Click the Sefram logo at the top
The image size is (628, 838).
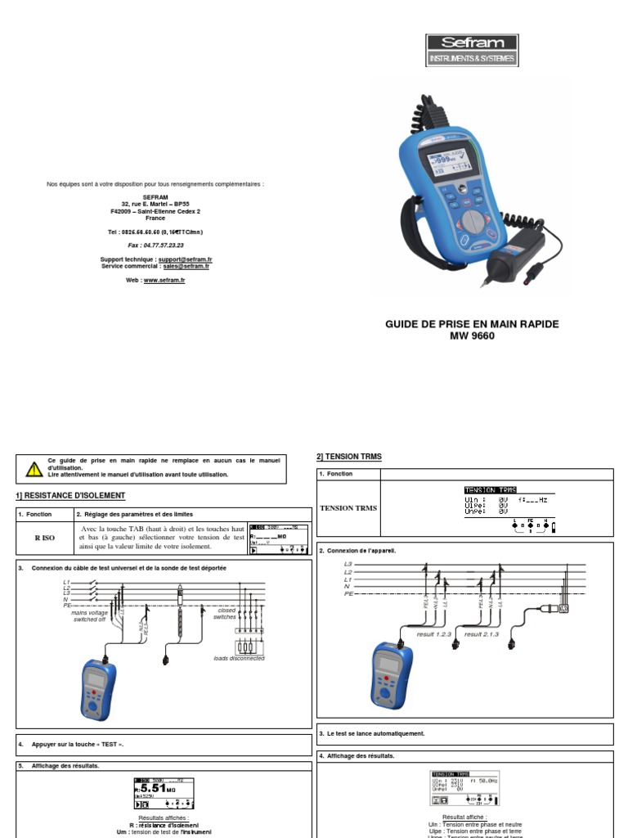tap(473, 50)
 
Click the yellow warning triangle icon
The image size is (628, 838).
tap(34, 469)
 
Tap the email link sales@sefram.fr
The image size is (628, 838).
tap(186, 266)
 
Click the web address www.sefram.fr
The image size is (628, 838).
tap(164, 280)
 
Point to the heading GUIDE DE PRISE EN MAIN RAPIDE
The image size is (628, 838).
tap(472, 324)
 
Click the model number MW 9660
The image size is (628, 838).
tap(472, 336)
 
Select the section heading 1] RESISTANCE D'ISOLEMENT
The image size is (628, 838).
tap(71, 496)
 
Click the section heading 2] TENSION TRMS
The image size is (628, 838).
tap(349, 456)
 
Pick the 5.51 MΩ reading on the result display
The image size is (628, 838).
tap(151, 788)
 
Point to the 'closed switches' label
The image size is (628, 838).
tap(225, 614)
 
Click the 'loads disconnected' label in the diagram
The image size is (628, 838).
tap(239, 658)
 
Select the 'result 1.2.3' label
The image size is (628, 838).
tap(434, 633)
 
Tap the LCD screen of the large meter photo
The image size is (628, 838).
tap(446, 155)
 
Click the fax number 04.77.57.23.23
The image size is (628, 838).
tap(155, 245)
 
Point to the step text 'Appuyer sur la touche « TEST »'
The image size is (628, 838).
tap(78, 744)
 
